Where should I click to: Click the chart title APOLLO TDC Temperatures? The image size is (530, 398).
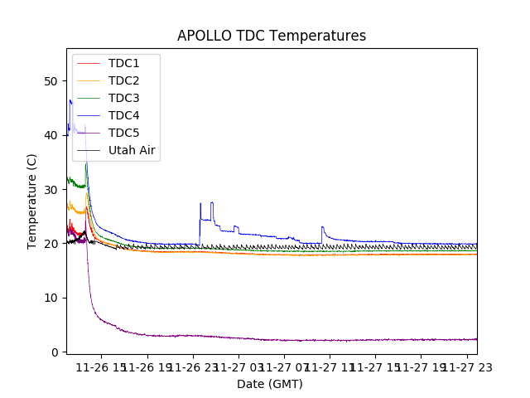pos(272,36)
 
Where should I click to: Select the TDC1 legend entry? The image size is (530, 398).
pos(123,63)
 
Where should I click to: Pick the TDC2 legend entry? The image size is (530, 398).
pos(123,80)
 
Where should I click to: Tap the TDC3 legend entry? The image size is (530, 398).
pos(123,98)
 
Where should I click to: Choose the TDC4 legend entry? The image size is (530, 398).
pos(123,115)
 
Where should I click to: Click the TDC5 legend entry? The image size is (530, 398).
pos(123,133)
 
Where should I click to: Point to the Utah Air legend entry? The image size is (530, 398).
pos(132,150)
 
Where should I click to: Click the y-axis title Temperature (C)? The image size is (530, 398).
pos(32,201)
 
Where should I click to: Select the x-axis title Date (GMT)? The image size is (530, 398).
pos(270,384)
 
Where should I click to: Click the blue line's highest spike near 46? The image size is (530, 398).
pos(70,100)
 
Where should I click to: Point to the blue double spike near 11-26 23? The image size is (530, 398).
pos(212,203)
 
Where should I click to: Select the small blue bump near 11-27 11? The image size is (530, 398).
pos(322,227)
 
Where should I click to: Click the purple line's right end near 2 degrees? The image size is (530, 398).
pos(475,339)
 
